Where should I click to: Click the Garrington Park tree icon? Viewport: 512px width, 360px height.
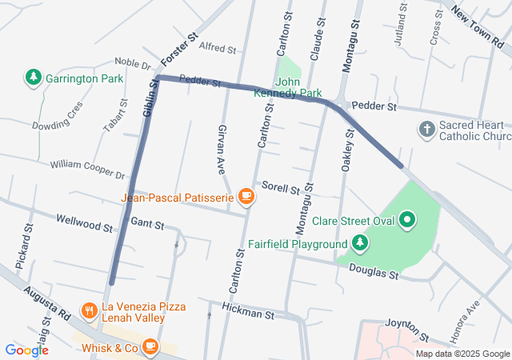(x=34, y=78)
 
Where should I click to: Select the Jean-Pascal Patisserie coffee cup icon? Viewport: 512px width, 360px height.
(x=246, y=196)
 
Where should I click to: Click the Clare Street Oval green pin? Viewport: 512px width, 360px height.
(x=407, y=220)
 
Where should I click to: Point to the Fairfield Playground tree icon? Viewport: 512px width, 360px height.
(x=361, y=243)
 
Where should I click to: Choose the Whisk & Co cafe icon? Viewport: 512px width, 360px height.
(x=150, y=347)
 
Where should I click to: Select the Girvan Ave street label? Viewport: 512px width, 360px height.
(x=223, y=149)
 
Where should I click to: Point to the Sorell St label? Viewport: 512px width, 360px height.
(x=279, y=189)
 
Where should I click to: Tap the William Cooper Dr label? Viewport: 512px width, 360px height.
(x=88, y=170)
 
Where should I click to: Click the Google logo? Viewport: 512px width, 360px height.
(x=26, y=350)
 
